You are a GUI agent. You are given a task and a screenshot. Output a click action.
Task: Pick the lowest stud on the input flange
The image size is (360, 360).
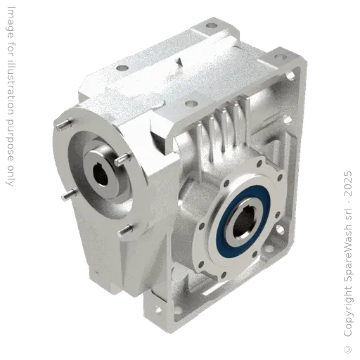tap(127, 228)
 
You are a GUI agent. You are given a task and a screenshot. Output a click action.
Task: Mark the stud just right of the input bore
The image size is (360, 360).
tap(122, 160)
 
